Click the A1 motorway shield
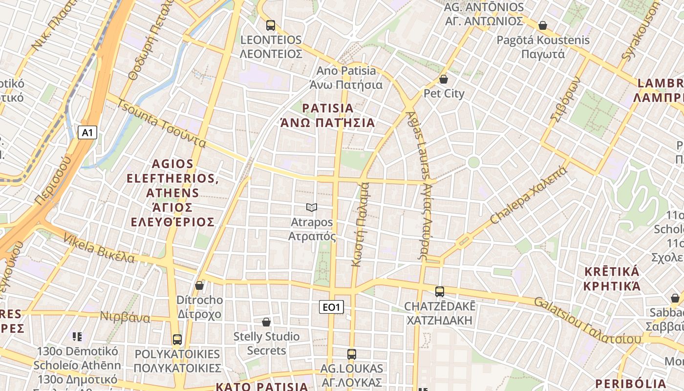pos(87,132)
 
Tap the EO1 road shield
pos(331,307)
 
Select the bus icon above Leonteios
pos(270,25)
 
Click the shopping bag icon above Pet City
pos(444,79)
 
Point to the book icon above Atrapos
pos(312,208)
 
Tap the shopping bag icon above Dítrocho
pos(199,285)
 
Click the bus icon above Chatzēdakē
pos(440,292)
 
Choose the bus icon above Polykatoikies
pos(177,339)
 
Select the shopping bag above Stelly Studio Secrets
pos(266,322)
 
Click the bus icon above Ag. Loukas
pos(352,354)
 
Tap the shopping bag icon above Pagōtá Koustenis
pos(542,25)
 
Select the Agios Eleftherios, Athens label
pos(173,193)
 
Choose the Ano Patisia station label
pos(347,78)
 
